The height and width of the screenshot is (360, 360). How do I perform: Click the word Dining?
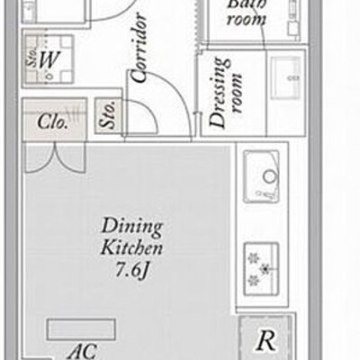coord(132,228)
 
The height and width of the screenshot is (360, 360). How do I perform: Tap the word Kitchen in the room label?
coord(131,247)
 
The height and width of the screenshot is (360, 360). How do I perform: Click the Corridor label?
coord(139,48)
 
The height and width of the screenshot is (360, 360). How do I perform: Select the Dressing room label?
coord(226,93)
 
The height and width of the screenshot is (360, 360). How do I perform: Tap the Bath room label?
coord(247,12)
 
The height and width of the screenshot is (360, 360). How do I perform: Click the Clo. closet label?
coord(52,121)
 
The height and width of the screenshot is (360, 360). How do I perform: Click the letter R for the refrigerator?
coord(266,341)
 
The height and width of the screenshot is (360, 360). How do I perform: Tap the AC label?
coord(82,351)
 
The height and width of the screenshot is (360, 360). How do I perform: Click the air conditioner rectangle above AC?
coord(81,329)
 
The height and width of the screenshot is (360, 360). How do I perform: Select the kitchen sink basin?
coord(261,176)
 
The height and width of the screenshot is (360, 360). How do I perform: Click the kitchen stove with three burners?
coord(261,269)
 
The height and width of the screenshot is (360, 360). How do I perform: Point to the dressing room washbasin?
coord(286,77)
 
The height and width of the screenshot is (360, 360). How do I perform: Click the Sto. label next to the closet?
coord(108,116)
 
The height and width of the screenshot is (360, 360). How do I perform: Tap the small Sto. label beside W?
coord(31,58)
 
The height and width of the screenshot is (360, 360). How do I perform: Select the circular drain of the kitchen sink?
coord(269,176)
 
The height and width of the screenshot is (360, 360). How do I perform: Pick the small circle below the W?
coord(50,76)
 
